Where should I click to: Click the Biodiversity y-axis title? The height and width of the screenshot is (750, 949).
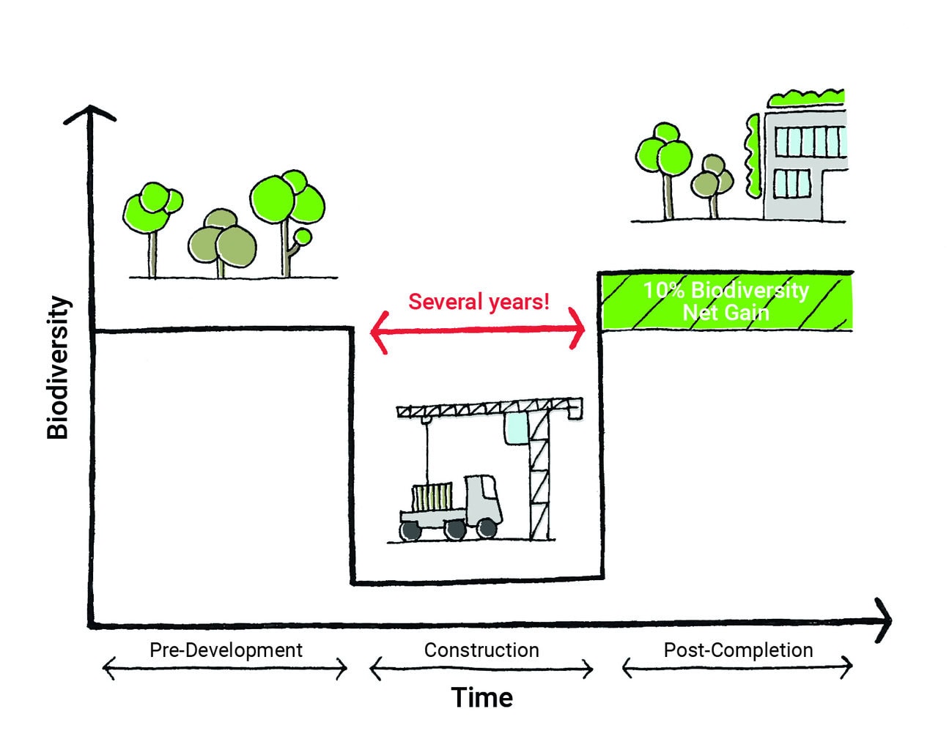[58, 368]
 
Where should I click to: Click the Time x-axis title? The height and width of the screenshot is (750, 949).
[481, 697]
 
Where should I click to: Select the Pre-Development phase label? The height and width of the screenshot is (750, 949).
[226, 650]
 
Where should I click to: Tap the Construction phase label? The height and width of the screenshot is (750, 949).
[481, 650]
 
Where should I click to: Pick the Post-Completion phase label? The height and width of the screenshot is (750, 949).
[738, 650]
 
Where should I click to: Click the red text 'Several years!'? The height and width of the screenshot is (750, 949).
[479, 302]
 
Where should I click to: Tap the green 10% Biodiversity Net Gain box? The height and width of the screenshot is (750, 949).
[725, 302]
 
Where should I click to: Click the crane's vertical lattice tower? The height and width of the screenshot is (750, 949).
[539, 476]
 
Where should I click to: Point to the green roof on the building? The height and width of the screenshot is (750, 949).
[806, 98]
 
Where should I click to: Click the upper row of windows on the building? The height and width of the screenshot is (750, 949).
[810, 141]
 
